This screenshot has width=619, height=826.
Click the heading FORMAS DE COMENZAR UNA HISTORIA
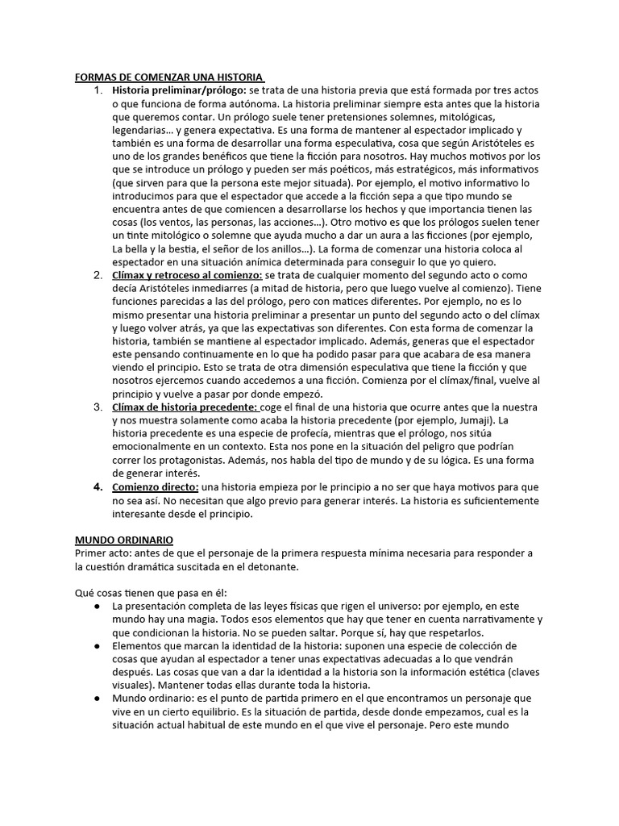point(169,77)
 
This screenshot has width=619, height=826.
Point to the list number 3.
point(98,407)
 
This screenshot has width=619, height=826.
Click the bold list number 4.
point(98,486)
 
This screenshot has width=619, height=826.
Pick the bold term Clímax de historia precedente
point(185,407)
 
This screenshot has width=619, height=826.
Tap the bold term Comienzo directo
point(155,486)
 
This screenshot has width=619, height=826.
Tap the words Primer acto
point(101,552)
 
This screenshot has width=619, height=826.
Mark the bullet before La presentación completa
point(97,605)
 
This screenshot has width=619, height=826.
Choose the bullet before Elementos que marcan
point(97,645)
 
